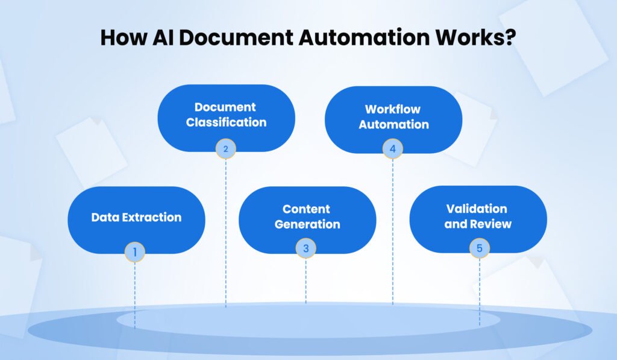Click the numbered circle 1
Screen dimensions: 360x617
pos(135,252)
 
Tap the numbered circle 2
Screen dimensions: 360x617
pos(226,148)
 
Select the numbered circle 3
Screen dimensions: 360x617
pos(306,248)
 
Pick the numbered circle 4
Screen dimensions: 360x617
pos(393,148)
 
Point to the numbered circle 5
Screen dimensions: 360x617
pos(480,248)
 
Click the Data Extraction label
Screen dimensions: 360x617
pos(136,217)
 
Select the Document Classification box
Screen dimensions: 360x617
pos(226,115)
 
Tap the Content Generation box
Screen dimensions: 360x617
pos(307,217)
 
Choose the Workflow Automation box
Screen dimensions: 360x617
pos(393,116)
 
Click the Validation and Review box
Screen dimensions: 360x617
pos(478,216)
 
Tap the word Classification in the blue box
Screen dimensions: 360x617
pos(226,122)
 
